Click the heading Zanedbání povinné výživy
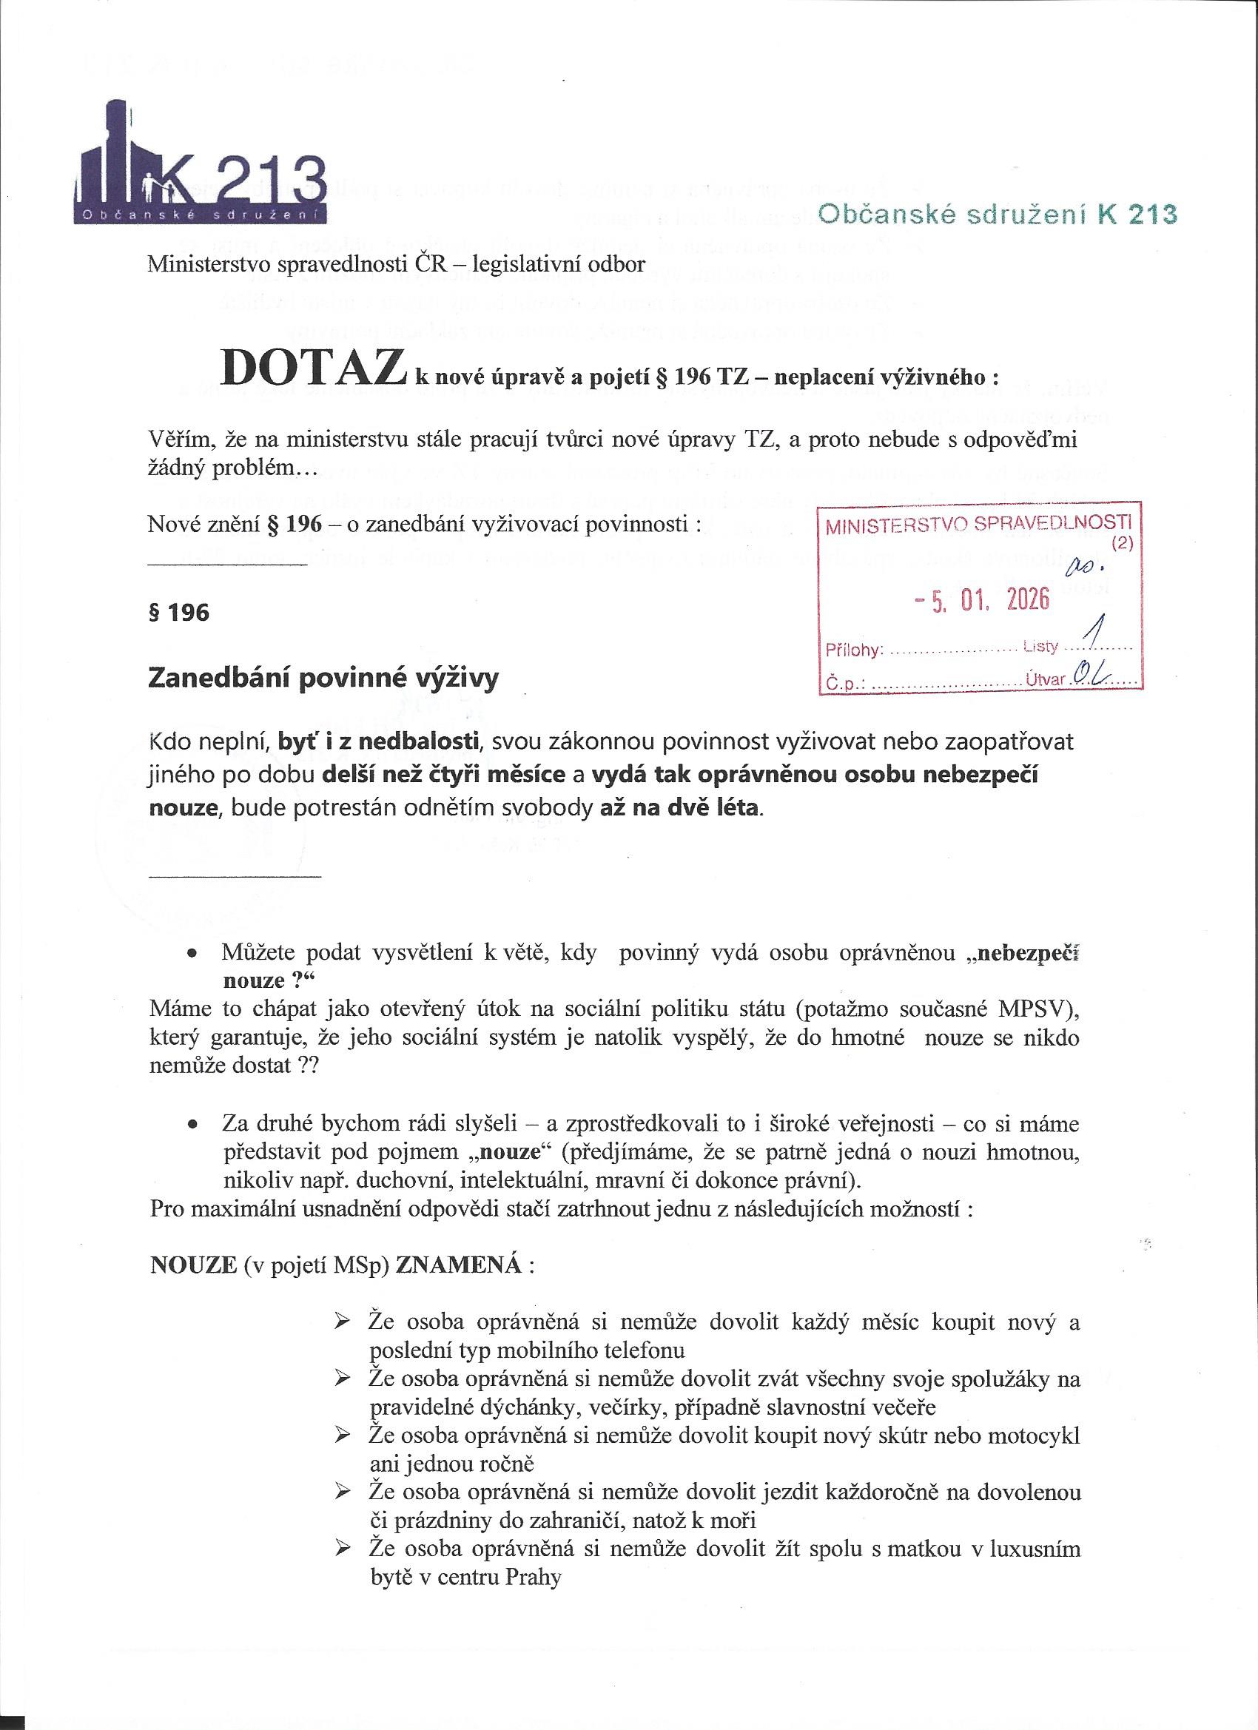tap(323, 678)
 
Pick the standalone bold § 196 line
tap(178, 613)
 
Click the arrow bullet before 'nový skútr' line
tap(343, 1434)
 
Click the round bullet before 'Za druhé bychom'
tap(195, 1125)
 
